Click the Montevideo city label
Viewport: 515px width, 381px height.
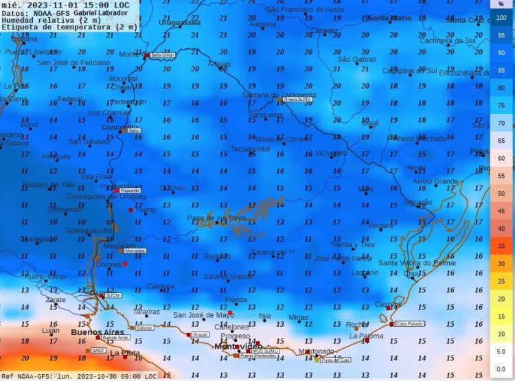coord(237,347)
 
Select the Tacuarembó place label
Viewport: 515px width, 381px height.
coord(250,148)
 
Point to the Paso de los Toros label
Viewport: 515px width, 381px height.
coord(216,218)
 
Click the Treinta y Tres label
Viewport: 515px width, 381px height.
coord(352,244)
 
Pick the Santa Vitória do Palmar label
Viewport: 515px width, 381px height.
coord(417,262)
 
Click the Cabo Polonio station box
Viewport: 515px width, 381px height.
coord(411,324)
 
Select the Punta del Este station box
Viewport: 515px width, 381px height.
coord(335,360)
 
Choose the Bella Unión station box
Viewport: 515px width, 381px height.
coord(162,54)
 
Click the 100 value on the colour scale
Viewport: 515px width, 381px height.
coord(501,19)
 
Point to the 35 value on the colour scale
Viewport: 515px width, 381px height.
coord(501,246)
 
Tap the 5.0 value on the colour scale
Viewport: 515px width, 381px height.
coord(501,351)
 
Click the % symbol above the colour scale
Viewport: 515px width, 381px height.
coord(501,4)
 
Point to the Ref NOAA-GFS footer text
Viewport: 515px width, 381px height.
coord(27,376)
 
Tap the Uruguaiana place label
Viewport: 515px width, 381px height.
coord(179,23)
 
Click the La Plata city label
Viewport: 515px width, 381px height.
coord(126,353)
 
